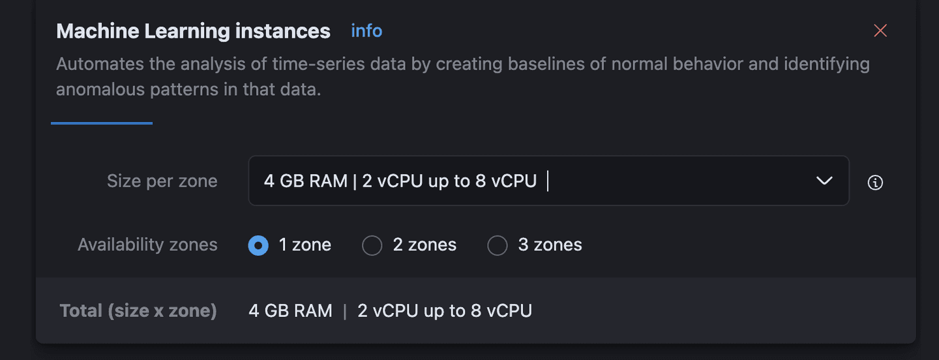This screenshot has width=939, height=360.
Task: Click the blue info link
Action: tap(366, 31)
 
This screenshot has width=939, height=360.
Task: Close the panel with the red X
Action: tap(880, 31)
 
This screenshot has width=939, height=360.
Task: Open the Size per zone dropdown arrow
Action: tap(824, 181)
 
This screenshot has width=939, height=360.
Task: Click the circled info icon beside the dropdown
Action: tap(875, 183)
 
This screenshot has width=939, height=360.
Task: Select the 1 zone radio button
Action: tap(258, 245)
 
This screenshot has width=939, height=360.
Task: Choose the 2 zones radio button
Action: tap(372, 245)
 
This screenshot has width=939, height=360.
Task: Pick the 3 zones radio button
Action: tap(497, 245)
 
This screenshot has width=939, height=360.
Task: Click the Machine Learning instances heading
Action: tap(193, 31)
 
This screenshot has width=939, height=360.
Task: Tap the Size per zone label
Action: tap(162, 181)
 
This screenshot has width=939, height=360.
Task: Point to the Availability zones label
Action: tap(147, 245)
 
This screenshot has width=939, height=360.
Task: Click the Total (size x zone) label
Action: tap(138, 310)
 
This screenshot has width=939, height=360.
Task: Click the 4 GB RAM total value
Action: tap(290, 310)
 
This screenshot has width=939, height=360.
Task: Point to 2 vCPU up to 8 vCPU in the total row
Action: tap(445, 310)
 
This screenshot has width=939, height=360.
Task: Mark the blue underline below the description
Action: tap(102, 123)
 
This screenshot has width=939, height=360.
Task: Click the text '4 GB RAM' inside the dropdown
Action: tap(305, 181)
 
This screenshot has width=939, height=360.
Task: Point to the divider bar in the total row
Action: tap(345, 311)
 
